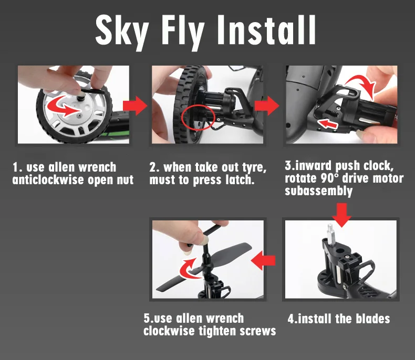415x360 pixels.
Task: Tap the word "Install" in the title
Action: tap(266, 29)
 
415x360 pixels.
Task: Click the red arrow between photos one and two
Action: tap(135, 105)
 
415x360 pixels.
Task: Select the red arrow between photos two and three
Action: tap(267, 105)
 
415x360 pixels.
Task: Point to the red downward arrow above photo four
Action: tap(341, 215)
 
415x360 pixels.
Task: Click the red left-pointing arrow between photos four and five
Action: tap(263, 261)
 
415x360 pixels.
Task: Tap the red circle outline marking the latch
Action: tap(199, 118)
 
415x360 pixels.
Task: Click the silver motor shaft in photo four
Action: tap(330, 232)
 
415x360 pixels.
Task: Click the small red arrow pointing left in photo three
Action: tap(328, 123)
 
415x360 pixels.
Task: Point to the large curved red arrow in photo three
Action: tap(363, 84)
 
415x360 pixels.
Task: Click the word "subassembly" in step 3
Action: tap(319, 191)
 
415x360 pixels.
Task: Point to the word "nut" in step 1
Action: tap(125, 180)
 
